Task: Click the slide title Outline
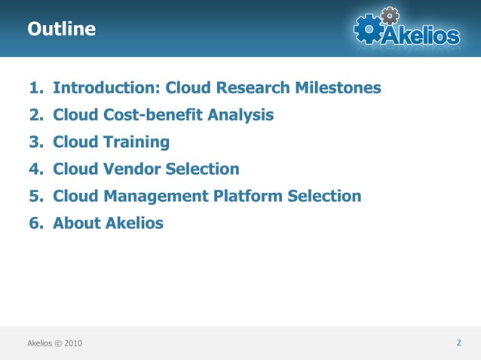[62, 29]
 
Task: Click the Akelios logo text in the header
[419, 35]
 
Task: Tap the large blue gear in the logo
[368, 29]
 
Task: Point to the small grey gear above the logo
[390, 14]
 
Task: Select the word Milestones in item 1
[336, 88]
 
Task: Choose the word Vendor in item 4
[136, 169]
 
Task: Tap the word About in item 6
[76, 224]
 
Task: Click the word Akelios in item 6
[134, 224]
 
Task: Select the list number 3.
[34, 142]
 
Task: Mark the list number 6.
[34, 224]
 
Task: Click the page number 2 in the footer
[459, 343]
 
